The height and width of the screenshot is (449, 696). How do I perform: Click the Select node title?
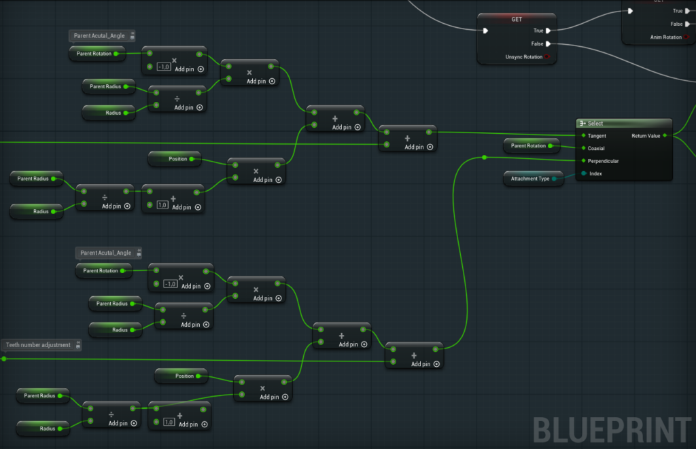pyautogui.click(x=595, y=124)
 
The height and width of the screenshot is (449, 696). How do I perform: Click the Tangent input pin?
pyautogui.click(x=583, y=135)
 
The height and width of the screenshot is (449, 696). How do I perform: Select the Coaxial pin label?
pyautogui.click(x=596, y=148)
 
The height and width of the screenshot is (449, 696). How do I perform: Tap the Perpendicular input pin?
pyautogui.click(x=583, y=160)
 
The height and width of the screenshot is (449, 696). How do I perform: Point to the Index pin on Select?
pyautogui.click(x=584, y=173)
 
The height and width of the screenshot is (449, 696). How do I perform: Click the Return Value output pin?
pyautogui.click(x=665, y=135)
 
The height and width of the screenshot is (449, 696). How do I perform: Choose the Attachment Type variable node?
pyautogui.click(x=534, y=179)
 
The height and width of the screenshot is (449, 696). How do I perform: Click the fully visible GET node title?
pyautogui.click(x=517, y=19)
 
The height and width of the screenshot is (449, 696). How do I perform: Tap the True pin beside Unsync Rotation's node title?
pyautogui.click(x=549, y=31)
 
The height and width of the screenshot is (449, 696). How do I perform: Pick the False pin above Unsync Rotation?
pyautogui.click(x=549, y=43)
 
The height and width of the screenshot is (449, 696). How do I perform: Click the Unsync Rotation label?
pyautogui.click(x=524, y=57)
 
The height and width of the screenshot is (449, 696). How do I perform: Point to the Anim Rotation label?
pyautogui.click(x=666, y=37)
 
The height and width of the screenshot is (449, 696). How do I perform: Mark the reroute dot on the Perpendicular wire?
pyautogui.click(x=484, y=157)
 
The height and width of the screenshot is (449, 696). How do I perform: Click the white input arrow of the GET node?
pyautogui.click(x=485, y=31)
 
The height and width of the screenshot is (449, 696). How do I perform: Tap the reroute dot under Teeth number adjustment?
pyautogui.click(x=4, y=359)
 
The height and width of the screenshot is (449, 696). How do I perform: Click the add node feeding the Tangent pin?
pyautogui.click(x=408, y=139)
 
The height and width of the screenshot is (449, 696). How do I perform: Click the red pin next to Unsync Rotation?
pyautogui.click(x=547, y=56)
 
